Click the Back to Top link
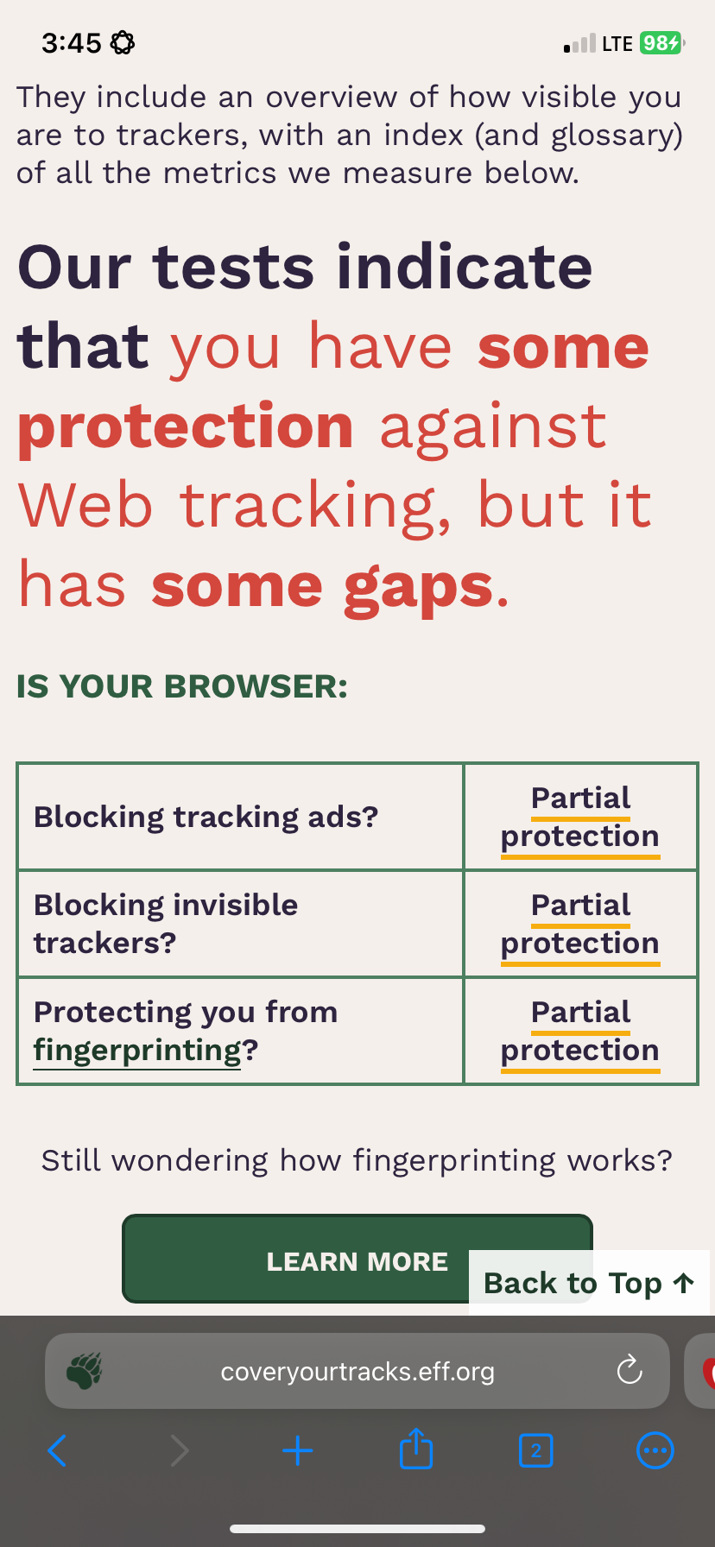pos(589,1283)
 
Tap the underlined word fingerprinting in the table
pos(137,1051)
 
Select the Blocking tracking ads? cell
pos(240,817)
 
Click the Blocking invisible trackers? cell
pos(240,924)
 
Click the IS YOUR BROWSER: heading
pos(182,687)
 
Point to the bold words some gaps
pos(322,586)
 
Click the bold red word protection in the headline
pos(186,426)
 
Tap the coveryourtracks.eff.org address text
pos(357,1371)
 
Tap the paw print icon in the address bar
pos(84,1371)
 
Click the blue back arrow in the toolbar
pos(57,1451)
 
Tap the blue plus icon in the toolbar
pos(298,1451)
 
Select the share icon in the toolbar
pos(416,1449)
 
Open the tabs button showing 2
pos(536,1451)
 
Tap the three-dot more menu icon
pos(655,1451)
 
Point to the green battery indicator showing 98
pos(662,42)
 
